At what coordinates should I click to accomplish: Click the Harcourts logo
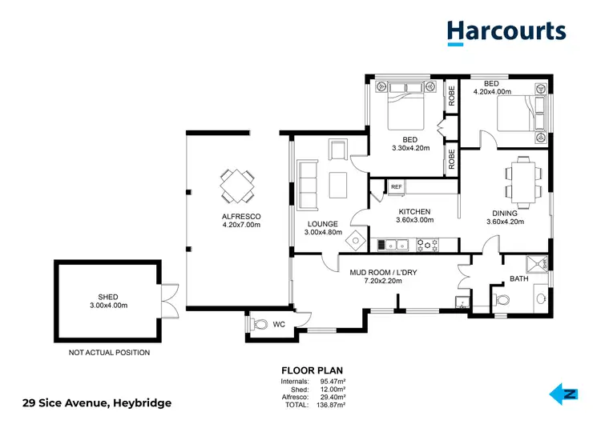(506, 31)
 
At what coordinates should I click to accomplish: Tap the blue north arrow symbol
(563, 394)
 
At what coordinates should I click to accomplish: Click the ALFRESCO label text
(241, 217)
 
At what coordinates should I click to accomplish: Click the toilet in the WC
(260, 325)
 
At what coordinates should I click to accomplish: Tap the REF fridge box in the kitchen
(397, 187)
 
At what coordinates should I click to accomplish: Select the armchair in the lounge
(337, 149)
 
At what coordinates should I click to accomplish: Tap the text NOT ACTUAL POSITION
(108, 352)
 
